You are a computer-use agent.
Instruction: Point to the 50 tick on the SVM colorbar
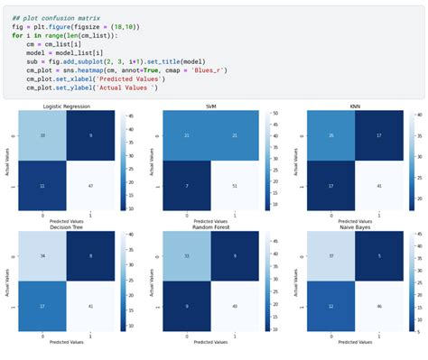(274, 114)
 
